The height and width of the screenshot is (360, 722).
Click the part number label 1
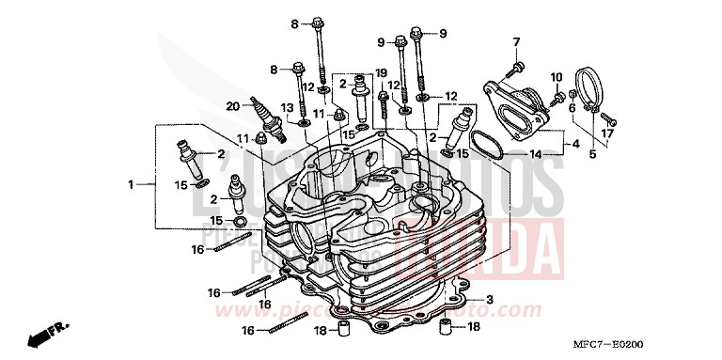tap(132, 185)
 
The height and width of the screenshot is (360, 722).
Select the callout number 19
tap(382, 72)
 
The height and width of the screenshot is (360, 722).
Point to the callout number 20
tap(231, 106)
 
